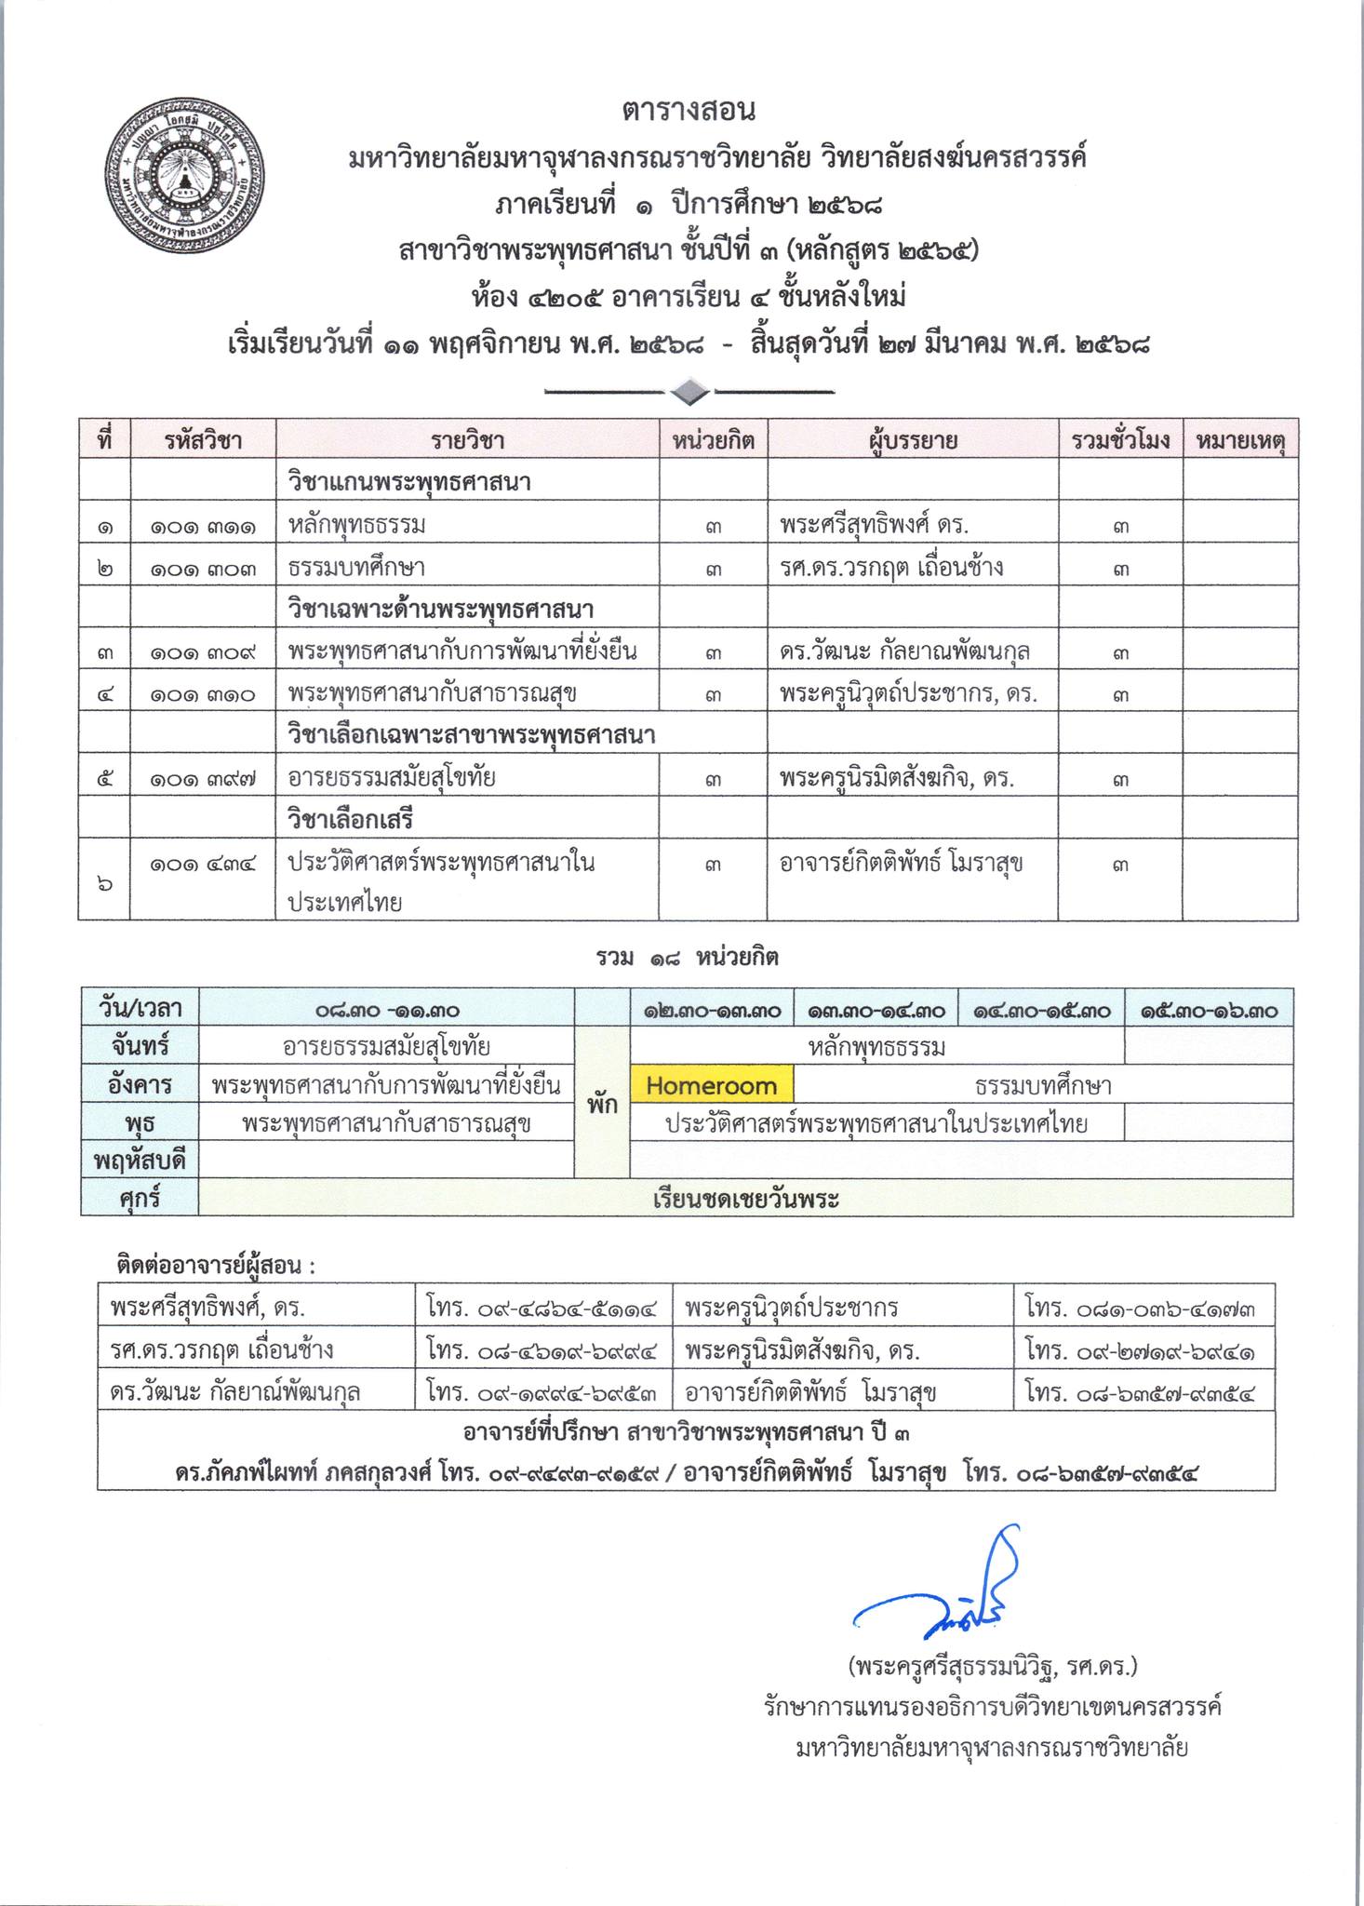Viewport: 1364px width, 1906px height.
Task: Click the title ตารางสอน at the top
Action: (689, 111)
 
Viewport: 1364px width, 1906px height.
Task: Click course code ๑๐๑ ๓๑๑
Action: (203, 526)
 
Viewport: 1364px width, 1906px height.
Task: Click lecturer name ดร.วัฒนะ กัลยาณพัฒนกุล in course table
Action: (904, 651)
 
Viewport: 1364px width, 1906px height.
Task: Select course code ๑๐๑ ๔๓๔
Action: (203, 864)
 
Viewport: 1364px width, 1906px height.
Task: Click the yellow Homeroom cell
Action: (711, 1085)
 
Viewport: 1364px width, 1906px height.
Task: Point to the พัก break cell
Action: (602, 1105)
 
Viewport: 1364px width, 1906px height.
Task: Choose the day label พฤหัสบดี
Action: (140, 1161)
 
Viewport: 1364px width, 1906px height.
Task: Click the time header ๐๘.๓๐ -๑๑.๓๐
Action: (386, 1010)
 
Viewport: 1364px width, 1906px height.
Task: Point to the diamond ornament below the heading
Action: (689, 393)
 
